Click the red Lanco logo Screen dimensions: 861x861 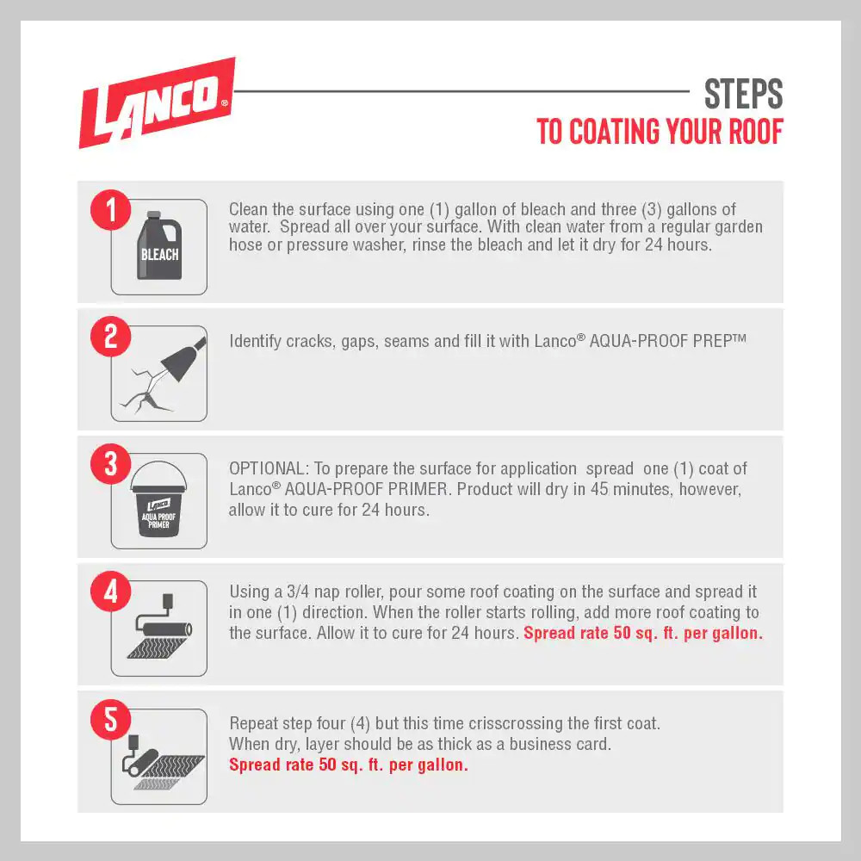pyautogui.click(x=158, y=102)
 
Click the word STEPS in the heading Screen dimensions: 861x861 pyautogui.click(x=744, y=94)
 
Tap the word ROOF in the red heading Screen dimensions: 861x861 pyautogui.click(x=755, y=132)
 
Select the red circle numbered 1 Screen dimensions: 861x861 pyautogui.click(x=111, y=210)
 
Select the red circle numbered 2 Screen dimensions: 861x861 pyautogui.click(x=111, y=337)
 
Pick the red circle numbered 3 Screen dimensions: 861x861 pyautogui.click(x=111, y=464)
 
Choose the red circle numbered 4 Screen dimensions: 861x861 pyautogui.click(x=111, y=592)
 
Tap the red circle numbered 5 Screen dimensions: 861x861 pyautogui.click(x=111, y=719)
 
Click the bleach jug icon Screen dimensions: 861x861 pyautogui.click(x=159, y=245)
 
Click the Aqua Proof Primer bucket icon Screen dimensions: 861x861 pyautogui.click(x=158, y=499)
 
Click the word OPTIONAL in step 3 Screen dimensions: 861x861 pyautogui.click(x=269, y=468)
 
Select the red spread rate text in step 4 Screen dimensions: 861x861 pyautogui.click(x=643, y=633)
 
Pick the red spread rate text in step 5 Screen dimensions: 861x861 pyautogui.click(x=349, y=765)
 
